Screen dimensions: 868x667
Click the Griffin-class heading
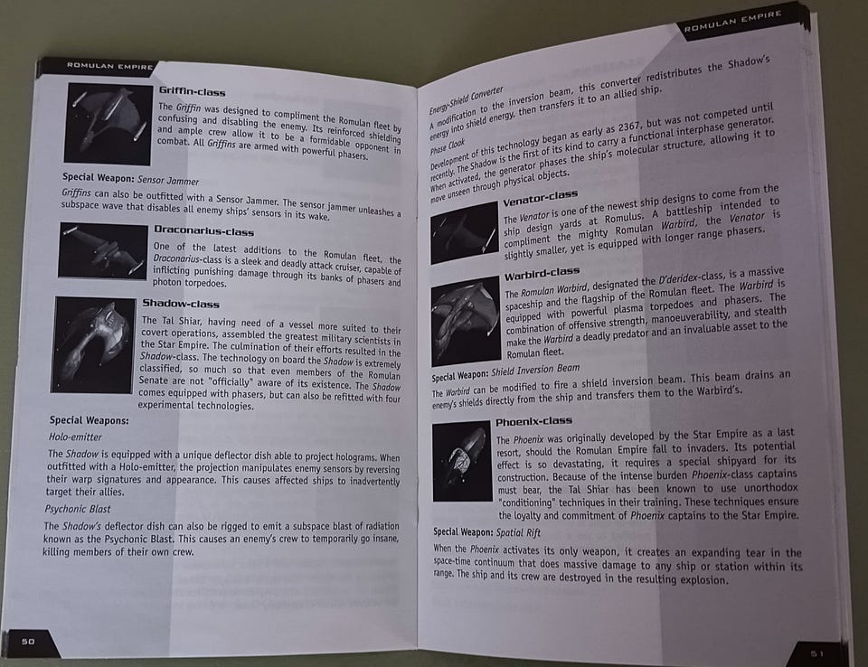[192, 91]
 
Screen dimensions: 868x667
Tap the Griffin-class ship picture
[108, 124]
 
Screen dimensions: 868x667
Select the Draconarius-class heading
[203, 230]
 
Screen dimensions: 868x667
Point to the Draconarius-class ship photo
[103, 250]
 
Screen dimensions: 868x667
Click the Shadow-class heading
[181, 304]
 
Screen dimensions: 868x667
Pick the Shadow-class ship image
[93, 345]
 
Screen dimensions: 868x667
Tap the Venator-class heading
[541, 198]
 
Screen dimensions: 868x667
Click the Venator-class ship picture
[465, 232]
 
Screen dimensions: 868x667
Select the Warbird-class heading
[542, 273]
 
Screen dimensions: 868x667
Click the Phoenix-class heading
[533, 422]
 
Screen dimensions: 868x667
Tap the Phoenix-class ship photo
[462, 461]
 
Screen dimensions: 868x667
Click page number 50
[28, 642]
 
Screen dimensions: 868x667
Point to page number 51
[817, 653]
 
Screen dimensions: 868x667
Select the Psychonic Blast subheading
[78, 509]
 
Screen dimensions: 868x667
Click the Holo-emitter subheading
[75, 437]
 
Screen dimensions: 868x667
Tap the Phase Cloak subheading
[448, 146]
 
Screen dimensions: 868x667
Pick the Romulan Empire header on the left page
[109, 66]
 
